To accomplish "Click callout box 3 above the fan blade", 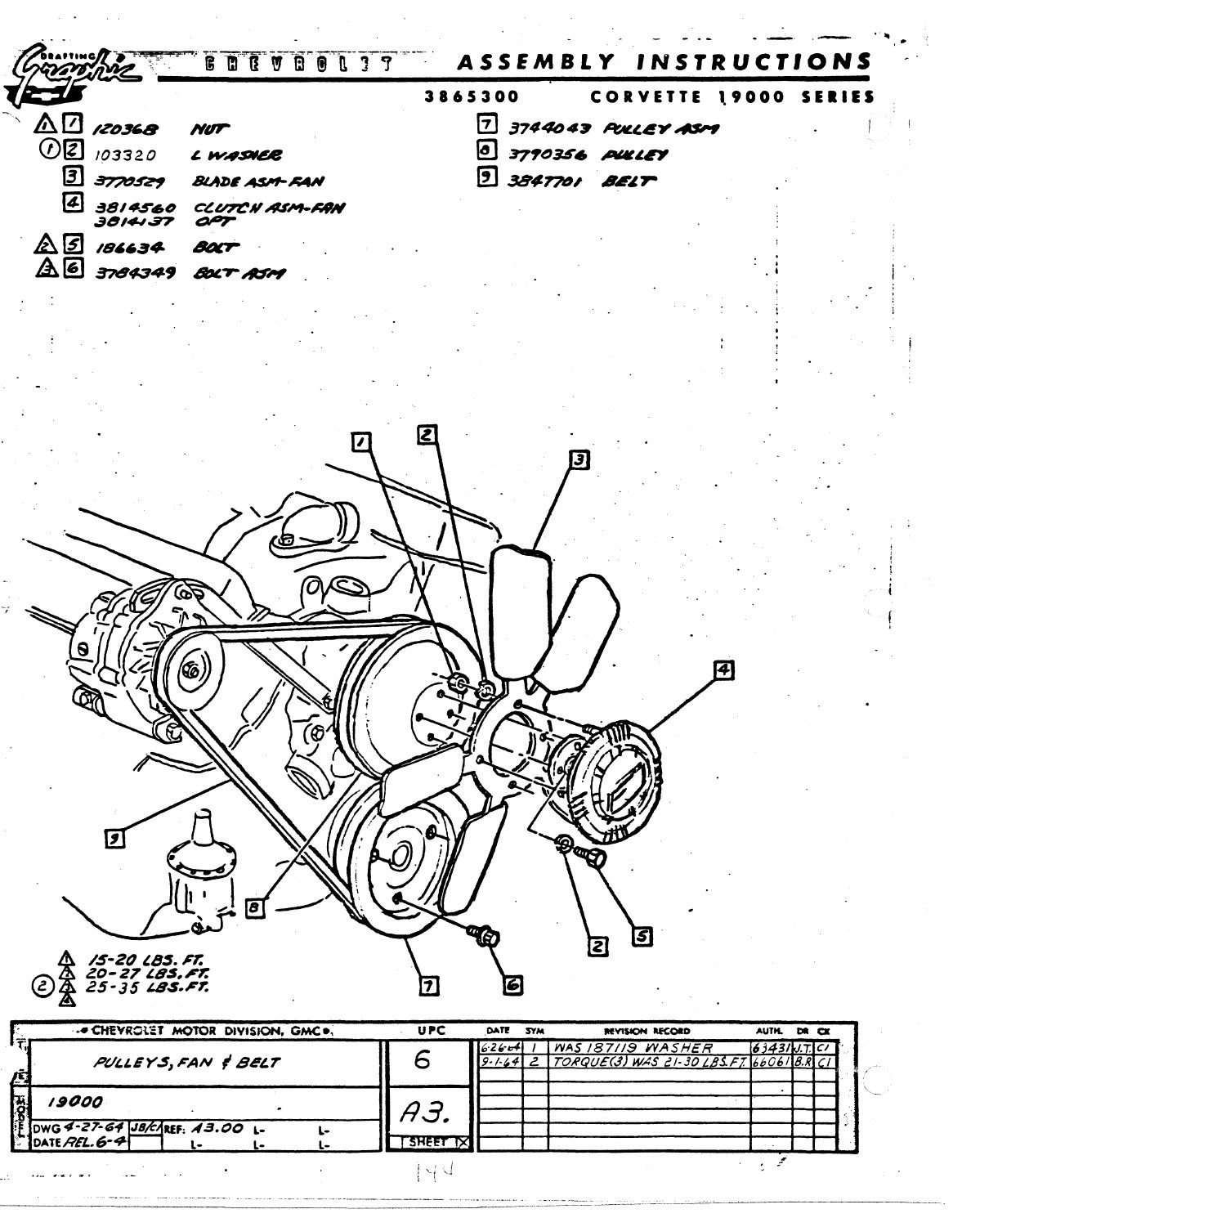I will (x=579, y=459).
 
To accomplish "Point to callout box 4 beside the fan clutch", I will (x=723, y=670).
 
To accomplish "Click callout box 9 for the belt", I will (x=115, y=838).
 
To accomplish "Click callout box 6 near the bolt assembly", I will (x=512, y=986).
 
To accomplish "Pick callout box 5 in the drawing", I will (x=643, y=937).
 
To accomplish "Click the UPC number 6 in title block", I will (x=422, y=1060).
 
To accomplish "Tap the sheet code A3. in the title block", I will (x=422, y=1111).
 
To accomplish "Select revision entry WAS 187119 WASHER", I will (x=633, y=1048).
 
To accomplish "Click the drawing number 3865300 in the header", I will (x=472, y=96).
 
